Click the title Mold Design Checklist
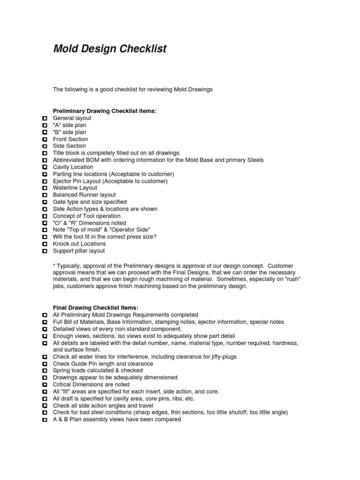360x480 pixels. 110,49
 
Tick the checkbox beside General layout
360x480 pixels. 45,119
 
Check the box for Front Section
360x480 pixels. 45,140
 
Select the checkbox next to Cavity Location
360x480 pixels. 45,167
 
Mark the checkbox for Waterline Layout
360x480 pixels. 45,188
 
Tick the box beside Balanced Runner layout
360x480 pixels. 45,195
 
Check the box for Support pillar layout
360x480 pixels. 45,251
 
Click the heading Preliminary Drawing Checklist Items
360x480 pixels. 105,111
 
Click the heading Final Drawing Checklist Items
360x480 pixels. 96,307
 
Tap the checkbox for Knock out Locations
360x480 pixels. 45,244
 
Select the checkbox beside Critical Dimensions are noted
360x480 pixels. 45,385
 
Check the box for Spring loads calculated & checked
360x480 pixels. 45,371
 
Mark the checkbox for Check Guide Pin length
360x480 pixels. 45,364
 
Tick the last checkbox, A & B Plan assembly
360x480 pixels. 45,420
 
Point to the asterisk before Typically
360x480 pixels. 54,265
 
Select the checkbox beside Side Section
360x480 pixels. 45,146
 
